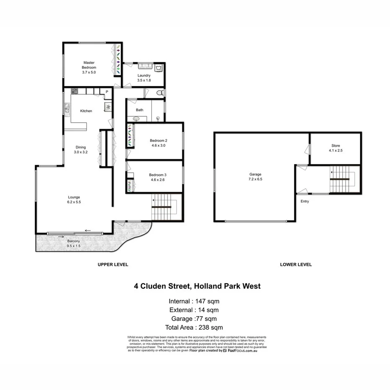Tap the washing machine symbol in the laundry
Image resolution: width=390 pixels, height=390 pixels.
point(159,67)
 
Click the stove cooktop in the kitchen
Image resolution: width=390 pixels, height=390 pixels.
point(74,91)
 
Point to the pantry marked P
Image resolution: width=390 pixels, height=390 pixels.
point(107,92)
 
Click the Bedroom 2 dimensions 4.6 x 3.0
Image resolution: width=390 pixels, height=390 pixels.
point(158,146)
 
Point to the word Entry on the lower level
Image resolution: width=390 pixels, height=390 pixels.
point(304,201)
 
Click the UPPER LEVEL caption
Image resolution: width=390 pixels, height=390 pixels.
point(113,264)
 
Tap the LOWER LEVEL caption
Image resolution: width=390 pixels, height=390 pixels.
point(295,264)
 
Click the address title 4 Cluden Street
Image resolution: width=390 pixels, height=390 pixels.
point(197,287)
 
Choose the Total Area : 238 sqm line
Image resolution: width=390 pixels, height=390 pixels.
point(195,328)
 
